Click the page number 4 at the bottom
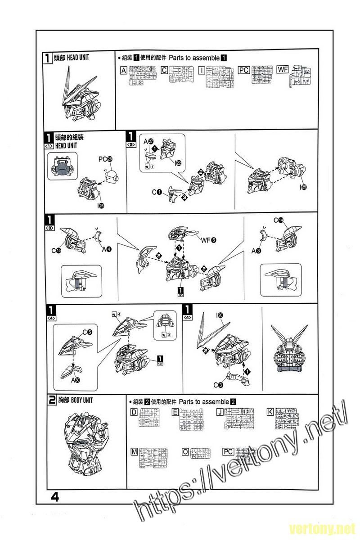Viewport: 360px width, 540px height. (x=55, y=497)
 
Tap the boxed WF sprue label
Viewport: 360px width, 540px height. (x=283, y=70)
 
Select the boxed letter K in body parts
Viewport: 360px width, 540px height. (x=270, y=412)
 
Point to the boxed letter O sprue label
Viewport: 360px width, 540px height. (x=185, y=451)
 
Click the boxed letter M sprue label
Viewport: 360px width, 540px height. (x=134, y=451)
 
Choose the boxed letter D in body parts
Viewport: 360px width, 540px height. (x=134, y=412)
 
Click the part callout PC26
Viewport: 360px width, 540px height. (x=106, y=159)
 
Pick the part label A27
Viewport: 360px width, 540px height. (x=148, y=142)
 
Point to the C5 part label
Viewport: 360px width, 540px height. (x=87, y=333)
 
